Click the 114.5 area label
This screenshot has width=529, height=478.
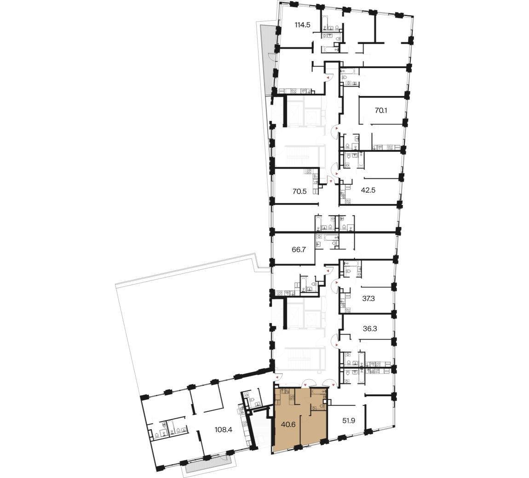click(302, 25)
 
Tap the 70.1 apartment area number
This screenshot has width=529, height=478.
click(381, 110)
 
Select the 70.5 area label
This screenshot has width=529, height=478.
click(299, 192)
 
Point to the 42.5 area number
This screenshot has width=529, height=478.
click(368, 190)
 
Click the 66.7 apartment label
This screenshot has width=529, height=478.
click(299, 250)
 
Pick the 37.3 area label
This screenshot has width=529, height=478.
click(368, 298)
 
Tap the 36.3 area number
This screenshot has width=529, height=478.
click(370, 329)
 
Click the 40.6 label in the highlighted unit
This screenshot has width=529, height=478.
click(288, 424)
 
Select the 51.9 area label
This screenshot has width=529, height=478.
click(349, 421)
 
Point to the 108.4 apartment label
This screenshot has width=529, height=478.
click(224, 429)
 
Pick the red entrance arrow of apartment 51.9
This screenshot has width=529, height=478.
click(333, 384)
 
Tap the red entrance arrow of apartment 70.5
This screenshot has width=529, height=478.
click(331, 182)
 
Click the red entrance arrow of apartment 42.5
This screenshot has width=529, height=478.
click(336, 174)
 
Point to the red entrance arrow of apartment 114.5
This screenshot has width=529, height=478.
click(327, 78)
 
